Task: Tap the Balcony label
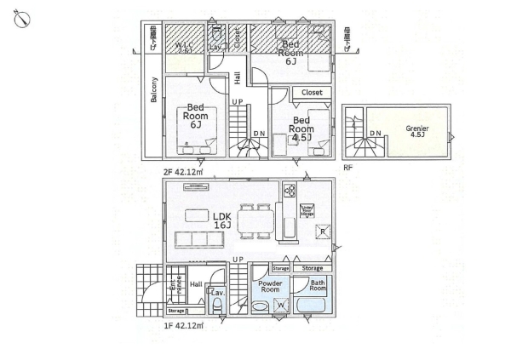tap(154, 89)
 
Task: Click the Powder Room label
tap(270, 286)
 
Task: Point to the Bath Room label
tap(318, 287)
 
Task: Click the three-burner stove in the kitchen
tap(289, 191)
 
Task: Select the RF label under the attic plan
tap(347, 168)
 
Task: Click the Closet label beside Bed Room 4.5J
tap(311, 92)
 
